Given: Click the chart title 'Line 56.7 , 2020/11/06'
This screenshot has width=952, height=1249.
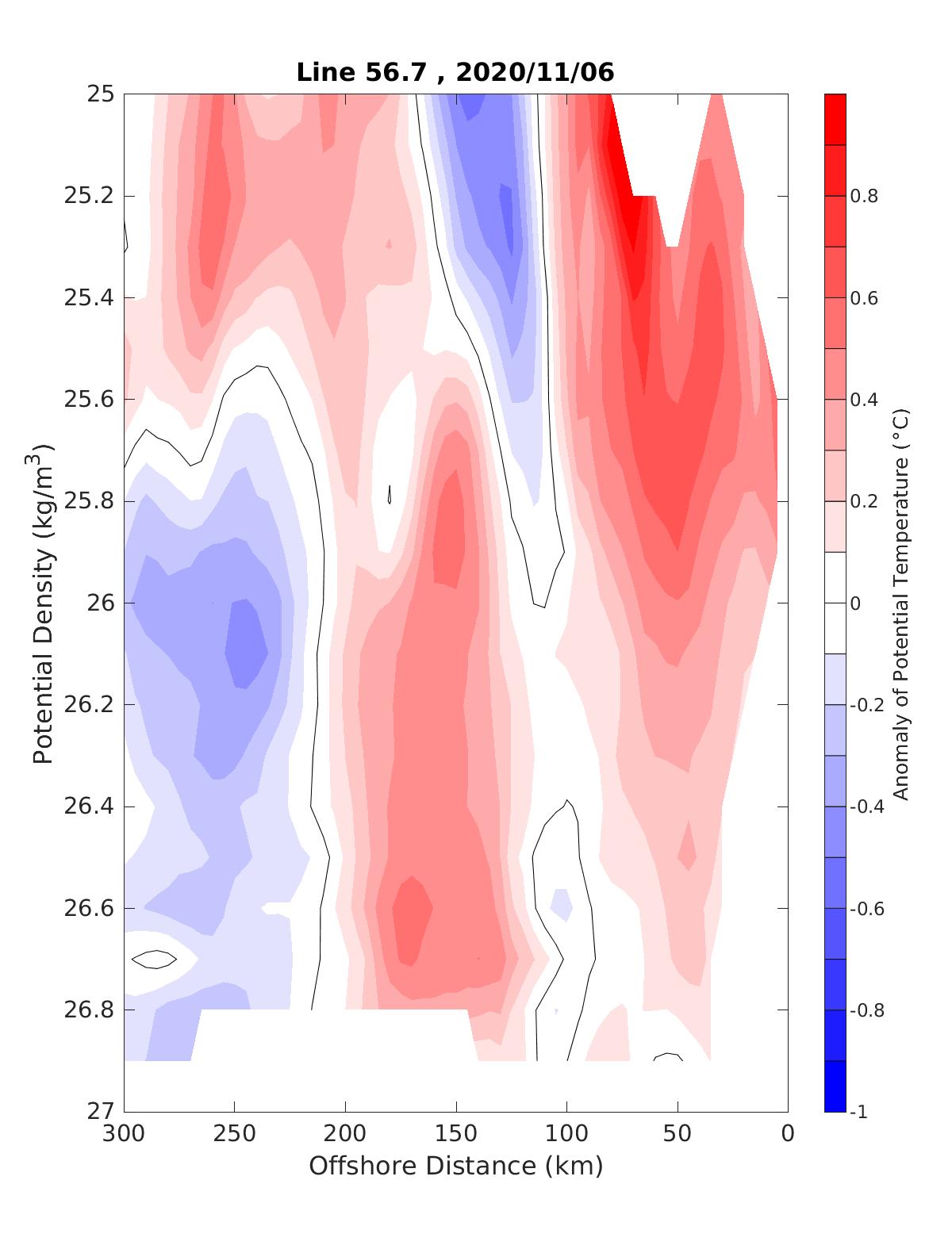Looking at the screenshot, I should coord(455,72).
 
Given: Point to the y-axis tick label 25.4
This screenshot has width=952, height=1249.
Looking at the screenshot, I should coord(88,298).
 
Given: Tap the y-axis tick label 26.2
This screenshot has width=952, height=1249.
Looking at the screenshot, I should coord(88,705).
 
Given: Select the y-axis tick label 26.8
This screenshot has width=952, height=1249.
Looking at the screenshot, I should coord(88,1010).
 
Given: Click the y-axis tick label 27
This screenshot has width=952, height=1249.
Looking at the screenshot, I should coord(100,1112).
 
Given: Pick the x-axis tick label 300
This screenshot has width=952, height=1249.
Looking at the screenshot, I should coord(124,1135).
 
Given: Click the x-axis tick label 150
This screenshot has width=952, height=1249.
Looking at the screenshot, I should coord(455,1135).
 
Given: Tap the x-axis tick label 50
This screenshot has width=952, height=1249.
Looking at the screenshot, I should coord(677,1135).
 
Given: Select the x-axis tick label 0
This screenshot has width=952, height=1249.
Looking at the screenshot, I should coord(787,1135).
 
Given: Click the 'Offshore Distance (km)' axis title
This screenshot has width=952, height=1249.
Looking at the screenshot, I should coord(455,1167).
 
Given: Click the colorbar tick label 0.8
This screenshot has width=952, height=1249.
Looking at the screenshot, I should coord(864,196).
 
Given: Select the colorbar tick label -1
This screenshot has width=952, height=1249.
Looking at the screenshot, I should coord(858,1113).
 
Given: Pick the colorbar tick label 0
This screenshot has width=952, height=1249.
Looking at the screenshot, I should coord(855,603).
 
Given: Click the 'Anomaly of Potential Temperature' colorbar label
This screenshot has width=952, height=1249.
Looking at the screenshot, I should coord(900,603).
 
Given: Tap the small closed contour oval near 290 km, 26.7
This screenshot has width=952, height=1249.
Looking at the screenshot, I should coord(154,960).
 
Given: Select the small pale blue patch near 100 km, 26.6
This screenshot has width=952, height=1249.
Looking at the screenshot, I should coord(561,903).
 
